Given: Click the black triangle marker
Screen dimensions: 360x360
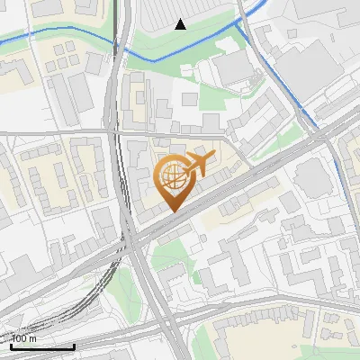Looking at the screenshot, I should point(181,24).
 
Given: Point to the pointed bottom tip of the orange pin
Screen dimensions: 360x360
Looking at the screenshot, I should point(171,211).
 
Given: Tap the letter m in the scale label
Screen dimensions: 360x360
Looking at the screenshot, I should point(33,338).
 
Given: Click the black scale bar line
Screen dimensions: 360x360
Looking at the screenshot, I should point(42,346).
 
